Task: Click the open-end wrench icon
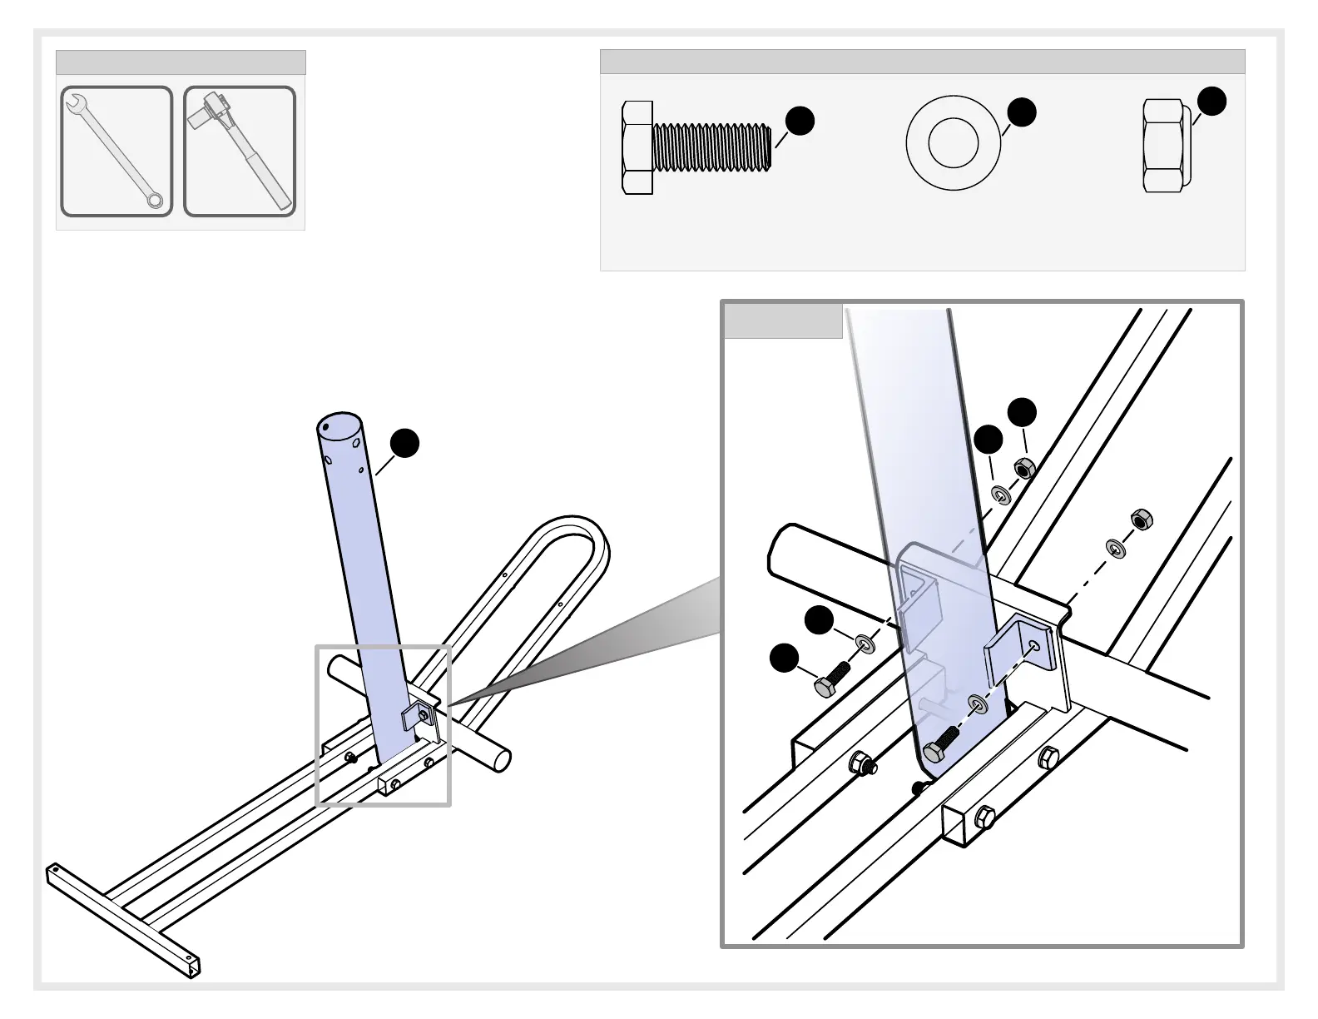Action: [x=116, y=151]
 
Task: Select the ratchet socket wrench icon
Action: [x=240, y=151]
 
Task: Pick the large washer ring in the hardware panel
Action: [x=954, y=142]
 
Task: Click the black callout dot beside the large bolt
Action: [x=800, y=121]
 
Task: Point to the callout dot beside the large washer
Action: [x=1022, y=112]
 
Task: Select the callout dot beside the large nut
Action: [x=1211, y=101]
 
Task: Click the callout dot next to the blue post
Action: [x=405, y=444]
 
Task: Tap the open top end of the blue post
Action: [x=339, y=430]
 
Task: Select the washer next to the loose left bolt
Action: [x=865, y=642]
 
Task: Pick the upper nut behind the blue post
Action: [x=1024, y=468]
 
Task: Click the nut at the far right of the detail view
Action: [x=1141, y=519]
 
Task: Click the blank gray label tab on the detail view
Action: [x=783, y=321]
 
